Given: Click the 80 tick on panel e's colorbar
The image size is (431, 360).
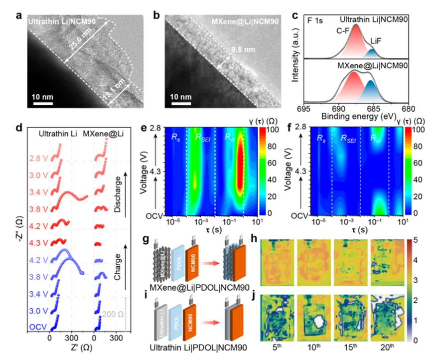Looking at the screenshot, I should [x=273, y=151].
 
